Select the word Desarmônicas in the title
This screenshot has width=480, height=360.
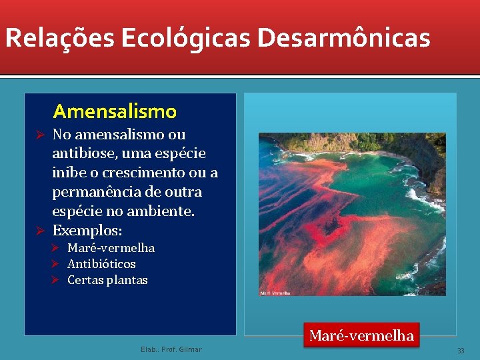(344, 38)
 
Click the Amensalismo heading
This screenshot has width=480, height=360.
(115, 111)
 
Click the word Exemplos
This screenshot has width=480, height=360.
(87, 231)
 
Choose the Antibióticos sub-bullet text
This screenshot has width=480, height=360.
(101, 264)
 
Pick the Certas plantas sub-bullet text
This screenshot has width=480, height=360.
(107, 280)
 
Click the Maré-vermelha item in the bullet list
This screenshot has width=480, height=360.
(111, 248)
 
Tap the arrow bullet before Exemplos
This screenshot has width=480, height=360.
(40, 231)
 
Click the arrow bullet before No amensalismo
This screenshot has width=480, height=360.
(40, 135)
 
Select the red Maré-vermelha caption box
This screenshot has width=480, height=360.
(361, 335)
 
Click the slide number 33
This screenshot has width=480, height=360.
(460, 351)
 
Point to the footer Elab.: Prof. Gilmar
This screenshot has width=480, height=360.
(171, 349)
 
